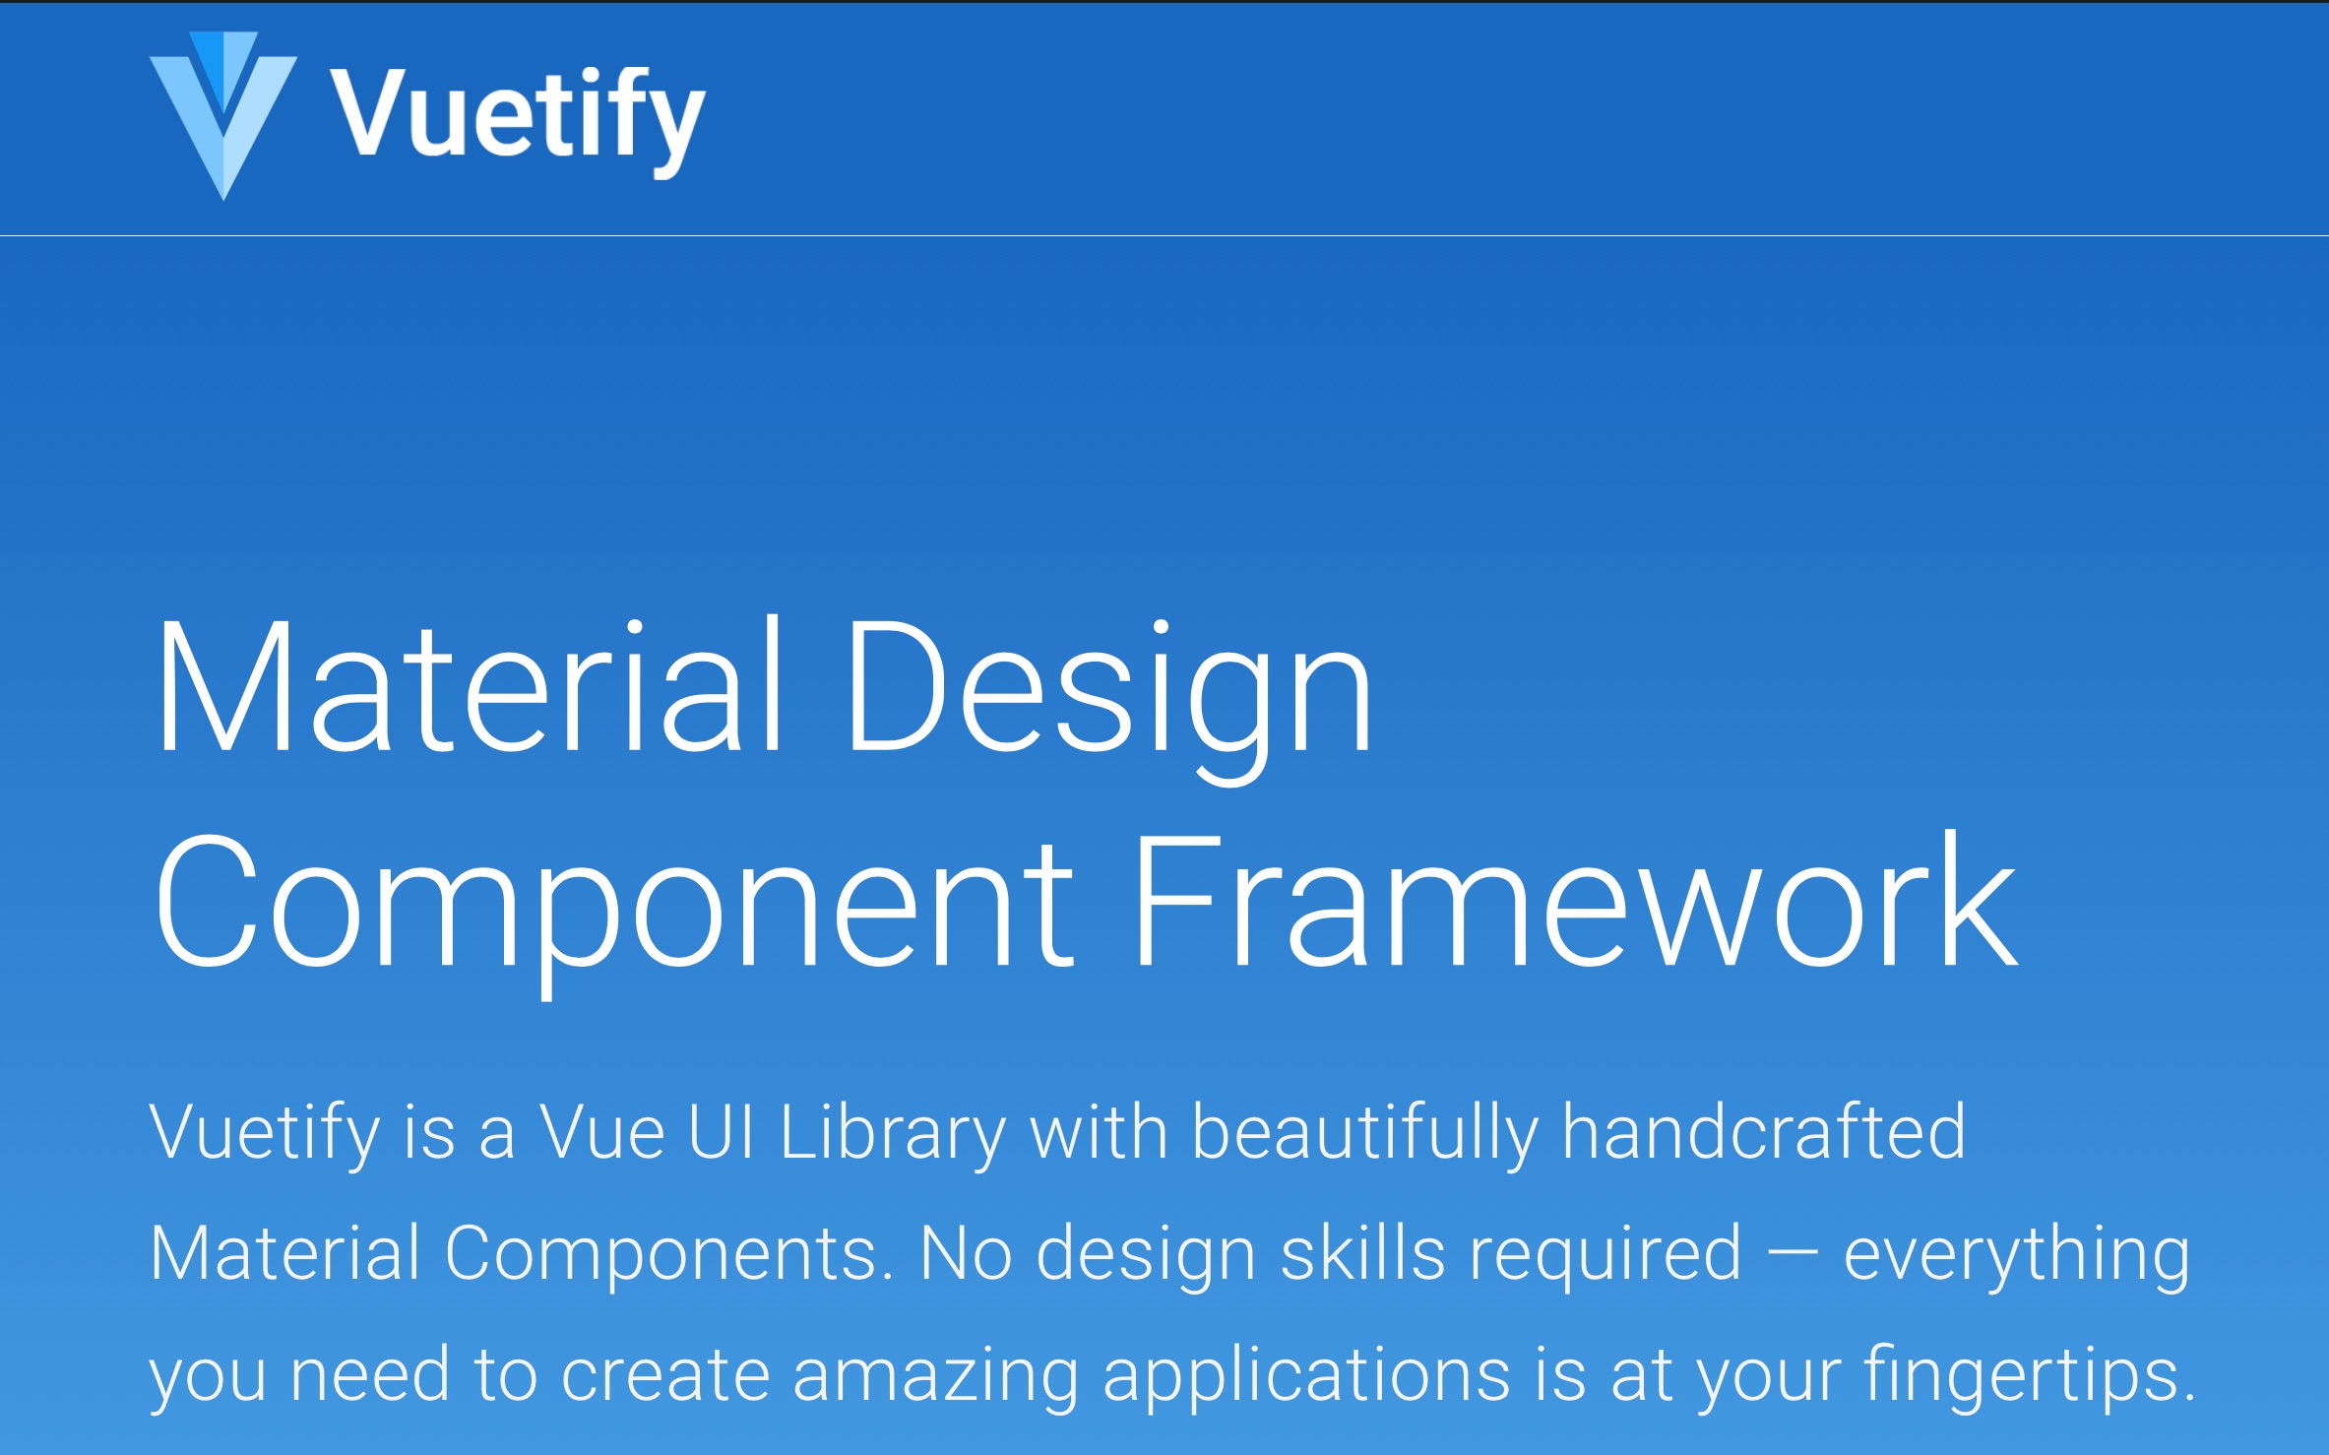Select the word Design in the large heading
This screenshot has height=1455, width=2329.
(x=1109, y=700)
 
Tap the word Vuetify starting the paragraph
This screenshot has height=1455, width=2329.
(x=265, y=1134)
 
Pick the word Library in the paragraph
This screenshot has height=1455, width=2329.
(x=893, y=1134)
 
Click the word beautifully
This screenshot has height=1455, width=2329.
(x=1365, y=1134)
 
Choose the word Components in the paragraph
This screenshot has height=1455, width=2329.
(x=669, y=1255)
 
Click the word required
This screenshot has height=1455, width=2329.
(x=1605, y=1255)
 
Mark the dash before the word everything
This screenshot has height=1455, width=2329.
(x=1793, y=1256)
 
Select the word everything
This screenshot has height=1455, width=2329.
(x=2017, y=1256)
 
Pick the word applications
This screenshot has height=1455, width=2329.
(x=1307, y=1376)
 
